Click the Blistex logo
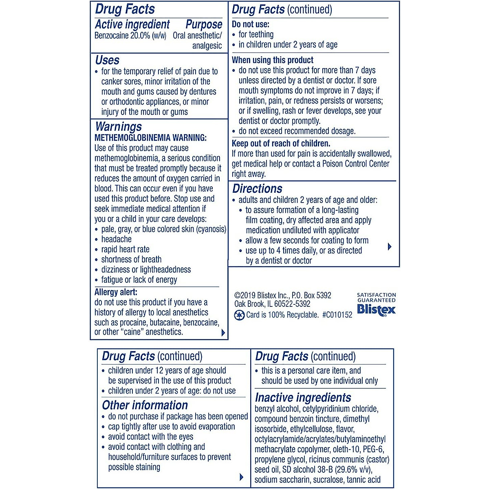[376, 310]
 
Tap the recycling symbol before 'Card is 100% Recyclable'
[239, 315]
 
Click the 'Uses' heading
[107, 60]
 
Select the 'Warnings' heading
[118, 127]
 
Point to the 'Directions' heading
[257, 189]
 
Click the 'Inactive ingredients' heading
[303, 397]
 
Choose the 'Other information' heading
[145, 405]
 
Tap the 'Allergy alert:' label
[116, 292]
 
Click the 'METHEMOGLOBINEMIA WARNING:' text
[150, 138]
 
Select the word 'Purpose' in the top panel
[204, 24]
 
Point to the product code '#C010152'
[337, 315]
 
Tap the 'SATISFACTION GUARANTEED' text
[376, 297]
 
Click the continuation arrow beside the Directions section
[390, 247]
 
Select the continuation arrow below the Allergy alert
[223, 333]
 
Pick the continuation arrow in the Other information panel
[241, 477]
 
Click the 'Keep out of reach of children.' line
[281, 143]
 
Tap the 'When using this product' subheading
[273, 60]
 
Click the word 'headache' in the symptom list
[116, 239]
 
